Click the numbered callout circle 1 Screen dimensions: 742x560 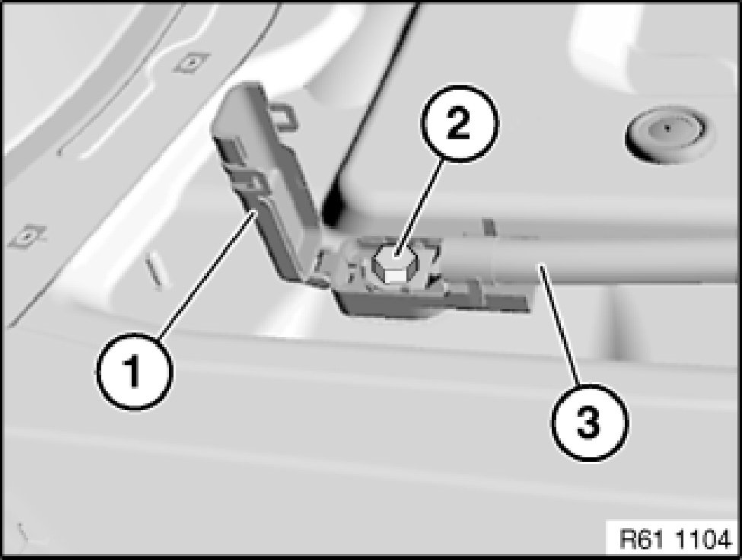135,371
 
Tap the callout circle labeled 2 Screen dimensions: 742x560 459,124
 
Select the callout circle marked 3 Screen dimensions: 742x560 589,422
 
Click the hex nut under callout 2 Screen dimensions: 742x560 396,266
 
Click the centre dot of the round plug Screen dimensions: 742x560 667,128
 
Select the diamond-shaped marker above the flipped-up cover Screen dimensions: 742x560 191,62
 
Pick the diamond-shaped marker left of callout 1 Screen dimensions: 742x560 27,236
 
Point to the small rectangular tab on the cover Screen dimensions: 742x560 284,116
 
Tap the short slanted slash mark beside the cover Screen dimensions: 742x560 154,269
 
